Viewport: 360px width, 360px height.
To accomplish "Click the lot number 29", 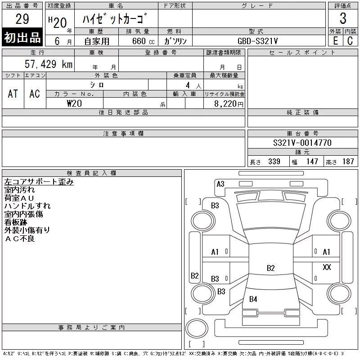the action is coord(22,19).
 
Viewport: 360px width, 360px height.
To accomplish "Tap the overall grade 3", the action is coord(343,18).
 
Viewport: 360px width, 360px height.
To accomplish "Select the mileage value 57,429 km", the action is coord(49,64).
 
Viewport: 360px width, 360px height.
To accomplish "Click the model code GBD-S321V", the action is coord(257,41).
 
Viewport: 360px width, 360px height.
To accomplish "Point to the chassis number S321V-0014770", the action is coord(302,143).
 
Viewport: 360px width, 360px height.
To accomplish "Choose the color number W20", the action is coord(74,103).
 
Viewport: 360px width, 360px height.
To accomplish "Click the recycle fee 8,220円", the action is coord(229,104).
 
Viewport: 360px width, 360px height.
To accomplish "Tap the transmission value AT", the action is coord(13,94).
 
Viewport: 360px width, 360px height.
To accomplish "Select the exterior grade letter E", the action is coord(336,41).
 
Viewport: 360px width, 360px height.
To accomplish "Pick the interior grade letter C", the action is coord(350,41).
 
